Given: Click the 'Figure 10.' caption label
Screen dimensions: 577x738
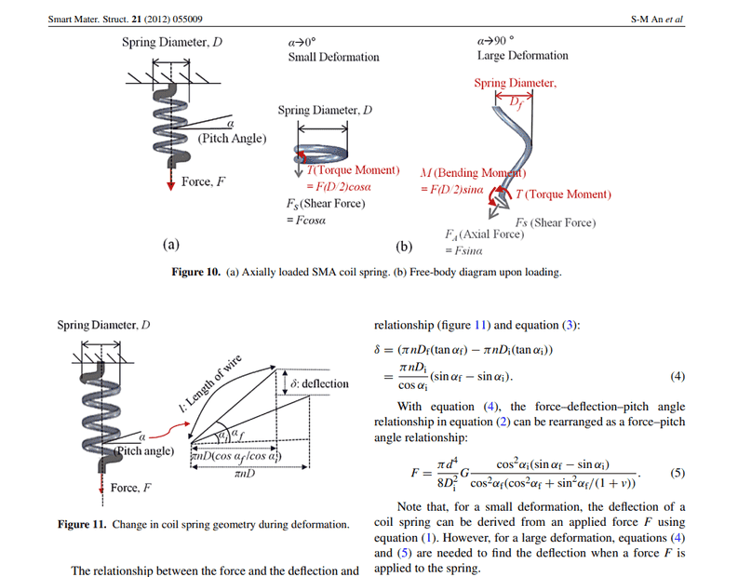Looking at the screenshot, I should tap(196, 273).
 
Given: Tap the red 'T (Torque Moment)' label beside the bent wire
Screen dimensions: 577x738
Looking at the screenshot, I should tap(564, 195).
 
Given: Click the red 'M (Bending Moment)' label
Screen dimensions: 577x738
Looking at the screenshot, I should tap(474, 173).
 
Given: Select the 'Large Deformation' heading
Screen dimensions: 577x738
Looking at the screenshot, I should tap(522, 56).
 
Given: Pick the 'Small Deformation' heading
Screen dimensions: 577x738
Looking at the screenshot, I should tap(333, 58).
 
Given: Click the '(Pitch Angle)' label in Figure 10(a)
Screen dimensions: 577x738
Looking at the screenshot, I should tap(232, 139).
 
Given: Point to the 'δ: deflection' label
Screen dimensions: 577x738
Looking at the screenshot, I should tap(319, 383).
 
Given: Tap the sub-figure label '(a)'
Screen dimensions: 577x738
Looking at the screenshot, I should tap(170, 245).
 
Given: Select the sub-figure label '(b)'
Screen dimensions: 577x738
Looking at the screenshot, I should tap(403, 247).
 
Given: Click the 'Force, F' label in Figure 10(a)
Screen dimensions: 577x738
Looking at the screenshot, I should tap(203, 181).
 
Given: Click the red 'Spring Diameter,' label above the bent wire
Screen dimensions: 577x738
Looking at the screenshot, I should tap(515, 84).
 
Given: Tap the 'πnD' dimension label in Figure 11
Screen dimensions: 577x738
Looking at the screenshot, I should tap(247, 474).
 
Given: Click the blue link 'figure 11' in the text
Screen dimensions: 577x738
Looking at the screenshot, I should tap(475, 326).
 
